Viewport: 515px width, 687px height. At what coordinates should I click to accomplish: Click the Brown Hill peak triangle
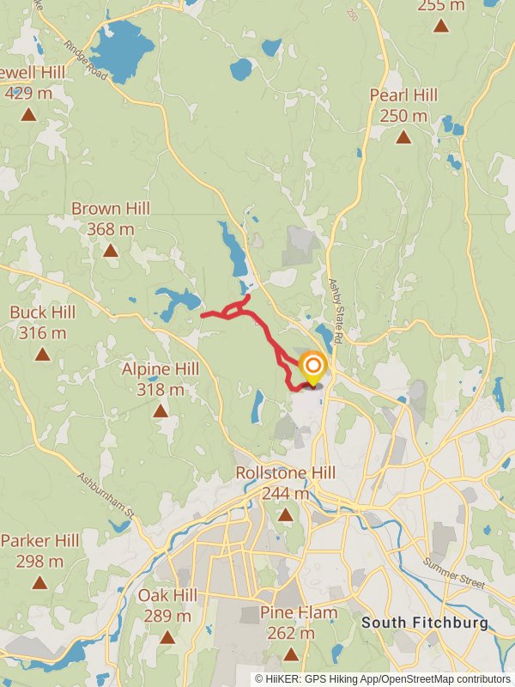pyautogui.click(x=110, y=251)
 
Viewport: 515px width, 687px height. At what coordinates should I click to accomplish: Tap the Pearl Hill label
pyautogui.click(x=403, y=95)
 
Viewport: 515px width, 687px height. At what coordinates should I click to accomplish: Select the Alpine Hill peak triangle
pyautogui.click(x=161, y=411)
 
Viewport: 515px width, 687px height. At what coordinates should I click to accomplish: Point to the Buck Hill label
pyautogui.click(x=42, y=312)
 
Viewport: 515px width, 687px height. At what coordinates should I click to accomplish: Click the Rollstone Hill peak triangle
pyautogui.click(x=285, y=515)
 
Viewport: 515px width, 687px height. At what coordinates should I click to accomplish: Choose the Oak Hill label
pyautogui.click(x=167, y=595)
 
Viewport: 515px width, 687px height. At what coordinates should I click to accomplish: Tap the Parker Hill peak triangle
pyautogui.click(x=39, y=583)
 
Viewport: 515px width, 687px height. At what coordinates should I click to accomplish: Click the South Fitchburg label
pyautogui.click(x=425, y=622)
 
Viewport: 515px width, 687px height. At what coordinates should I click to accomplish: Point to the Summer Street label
pyautogui.click(x=454, y=575)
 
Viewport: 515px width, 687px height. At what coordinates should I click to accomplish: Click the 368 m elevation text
pyautogui.click(x=111, y=229)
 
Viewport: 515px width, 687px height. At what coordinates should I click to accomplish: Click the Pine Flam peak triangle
pyautogui.click(x=291, y=655)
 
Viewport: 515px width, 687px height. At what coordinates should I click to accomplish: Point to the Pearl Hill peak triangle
pyautogui.click(x=403, y=137)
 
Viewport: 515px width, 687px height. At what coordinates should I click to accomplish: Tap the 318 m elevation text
pyautogui.click(x=161, y=390)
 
